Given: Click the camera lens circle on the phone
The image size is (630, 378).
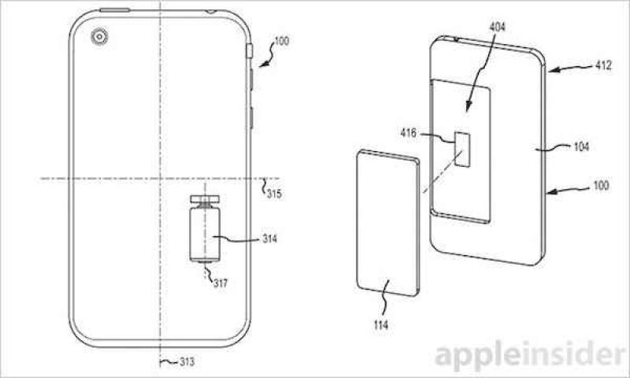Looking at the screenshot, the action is pyautogui.click(x=99, y=37).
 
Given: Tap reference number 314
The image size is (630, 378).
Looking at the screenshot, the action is pyautogui.click(x=269, y=239).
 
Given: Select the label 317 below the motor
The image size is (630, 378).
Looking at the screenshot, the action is pyautogui.click(x=220, y=283).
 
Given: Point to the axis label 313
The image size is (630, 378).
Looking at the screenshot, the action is pyautogui.click(x=187, y=362).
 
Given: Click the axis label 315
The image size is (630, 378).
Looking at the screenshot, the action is pyautogui.click(x=274, y=194).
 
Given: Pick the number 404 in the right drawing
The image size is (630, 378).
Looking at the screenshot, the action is pyautogui.click(x=498, y=27).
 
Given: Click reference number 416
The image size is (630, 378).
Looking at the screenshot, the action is pyautogui.click(x=408, y=132).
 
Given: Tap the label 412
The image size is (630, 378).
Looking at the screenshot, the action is pyautogui.click(x=603, y=65).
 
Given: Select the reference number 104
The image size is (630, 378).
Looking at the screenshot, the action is pyautogui.click(x=581, y=146).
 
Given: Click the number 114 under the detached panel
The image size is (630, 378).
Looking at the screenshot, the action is pyautogui.click(x=380, y=324).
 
